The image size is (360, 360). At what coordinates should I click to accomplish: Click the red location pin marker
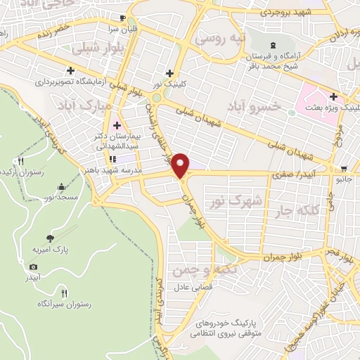coord(181,165)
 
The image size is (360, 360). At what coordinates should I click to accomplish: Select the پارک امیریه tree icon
coord(49,238)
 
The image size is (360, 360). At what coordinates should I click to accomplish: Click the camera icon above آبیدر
coord(33,266)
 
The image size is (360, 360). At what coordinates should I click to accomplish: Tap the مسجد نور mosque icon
coord(61,187)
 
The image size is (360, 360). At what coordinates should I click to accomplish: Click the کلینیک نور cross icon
coord(169,73)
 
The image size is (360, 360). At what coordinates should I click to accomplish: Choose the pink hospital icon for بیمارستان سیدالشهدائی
coord(116,124)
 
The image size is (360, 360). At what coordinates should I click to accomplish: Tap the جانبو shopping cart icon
coord(344,169)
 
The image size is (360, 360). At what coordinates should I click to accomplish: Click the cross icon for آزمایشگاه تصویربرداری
coord(71,70)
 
